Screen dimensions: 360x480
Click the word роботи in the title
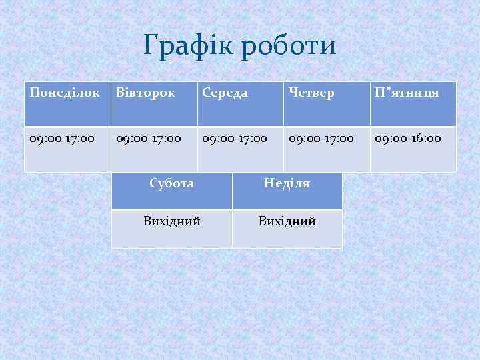(290, 46)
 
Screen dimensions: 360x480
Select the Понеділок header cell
(67, 104)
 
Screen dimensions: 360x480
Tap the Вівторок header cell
(154, 104)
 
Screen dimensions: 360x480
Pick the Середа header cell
(241, 104)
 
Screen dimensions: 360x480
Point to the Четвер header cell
(327, 104)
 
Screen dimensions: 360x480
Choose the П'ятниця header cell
(413, 104)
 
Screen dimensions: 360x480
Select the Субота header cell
(171, 191)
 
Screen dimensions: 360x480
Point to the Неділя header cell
(287, 191)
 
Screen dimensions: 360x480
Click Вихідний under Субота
(171, 229)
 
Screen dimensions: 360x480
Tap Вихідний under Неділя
(287, 229)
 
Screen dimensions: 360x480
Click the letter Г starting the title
(151, 46)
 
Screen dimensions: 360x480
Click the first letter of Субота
(154, 183)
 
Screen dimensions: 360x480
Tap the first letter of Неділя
(269, 183)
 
